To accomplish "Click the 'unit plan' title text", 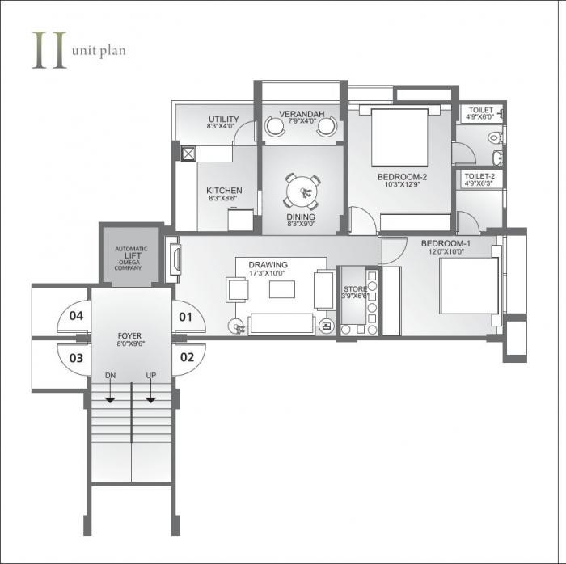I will coord(98,50).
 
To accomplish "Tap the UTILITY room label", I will coord(222,119).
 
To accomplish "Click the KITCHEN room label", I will coord(224,191).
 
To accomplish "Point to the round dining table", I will coord(302,192).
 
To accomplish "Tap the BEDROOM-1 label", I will coord(445,243).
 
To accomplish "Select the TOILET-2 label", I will coord(479,175).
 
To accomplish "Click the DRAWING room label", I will coord(268,264).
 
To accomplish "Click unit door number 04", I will coord(77,316).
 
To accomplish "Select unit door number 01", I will coord(186,316).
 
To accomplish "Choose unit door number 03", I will coord(77,357).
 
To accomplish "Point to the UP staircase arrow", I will coord(150,394).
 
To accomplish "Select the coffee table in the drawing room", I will coord(282,288).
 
